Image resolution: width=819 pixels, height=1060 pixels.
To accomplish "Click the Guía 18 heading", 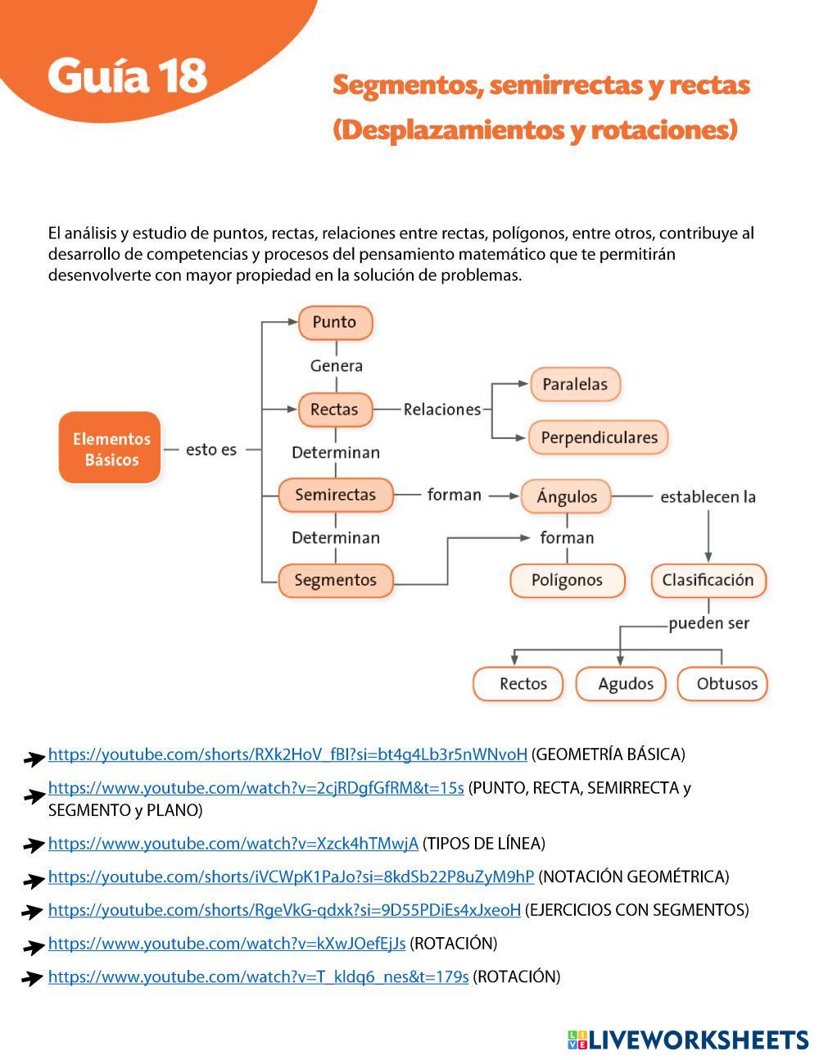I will click(127, 75).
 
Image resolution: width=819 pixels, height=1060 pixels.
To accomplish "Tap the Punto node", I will click(335, 322).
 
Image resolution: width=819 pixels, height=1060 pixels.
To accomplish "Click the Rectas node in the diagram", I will click(335, 409).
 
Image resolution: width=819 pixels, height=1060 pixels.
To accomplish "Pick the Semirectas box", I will click(335, 495).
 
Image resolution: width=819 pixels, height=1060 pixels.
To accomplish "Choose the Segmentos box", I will click(335, 580).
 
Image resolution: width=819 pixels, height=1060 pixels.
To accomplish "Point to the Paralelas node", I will click(575, 384).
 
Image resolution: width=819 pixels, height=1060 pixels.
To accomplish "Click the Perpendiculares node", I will click(599, 437).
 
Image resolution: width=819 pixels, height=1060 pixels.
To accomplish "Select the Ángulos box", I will click(567, 496).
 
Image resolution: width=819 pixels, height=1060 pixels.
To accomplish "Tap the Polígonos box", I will click(567, 580).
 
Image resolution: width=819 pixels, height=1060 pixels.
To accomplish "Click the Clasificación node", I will click(708, 580).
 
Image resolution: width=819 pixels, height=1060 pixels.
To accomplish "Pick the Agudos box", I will click(626, 683).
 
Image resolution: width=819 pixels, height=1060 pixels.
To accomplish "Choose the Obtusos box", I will click(726, 683).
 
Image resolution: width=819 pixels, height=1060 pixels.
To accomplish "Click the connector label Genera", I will click(336, 365).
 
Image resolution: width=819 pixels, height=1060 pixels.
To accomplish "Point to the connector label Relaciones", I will click(441, 409).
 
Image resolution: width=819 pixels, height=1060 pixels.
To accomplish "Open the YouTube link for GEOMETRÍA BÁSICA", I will click(287, 754).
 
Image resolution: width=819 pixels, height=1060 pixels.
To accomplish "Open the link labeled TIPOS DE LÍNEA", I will click(233, 843).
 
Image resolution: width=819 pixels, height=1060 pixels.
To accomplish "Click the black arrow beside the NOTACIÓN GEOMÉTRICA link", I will click(34, 881).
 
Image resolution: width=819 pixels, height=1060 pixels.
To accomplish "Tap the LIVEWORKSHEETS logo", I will click(687, 1040).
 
